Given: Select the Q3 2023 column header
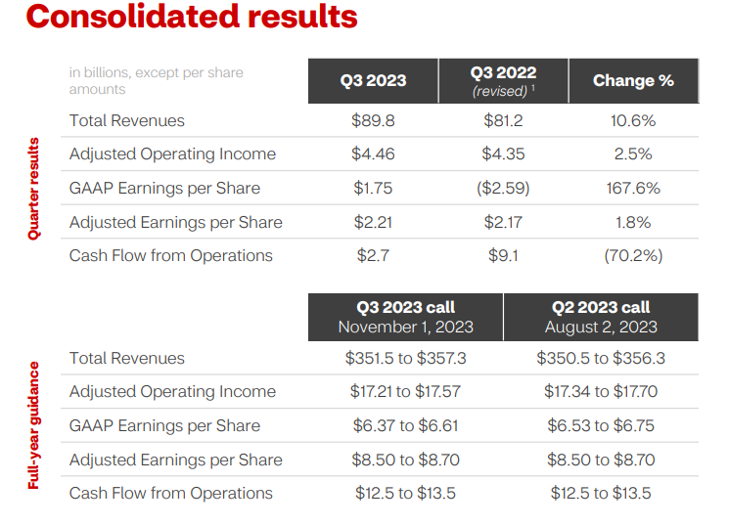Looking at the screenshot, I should [373, 81].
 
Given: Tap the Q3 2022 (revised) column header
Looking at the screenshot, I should [503, 81].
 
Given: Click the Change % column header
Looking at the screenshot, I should [633, 81].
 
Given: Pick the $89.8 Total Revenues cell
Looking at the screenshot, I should [372, 121].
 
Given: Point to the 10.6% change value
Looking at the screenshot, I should [633, 121].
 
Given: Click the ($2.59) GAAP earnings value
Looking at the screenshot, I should [503, 189].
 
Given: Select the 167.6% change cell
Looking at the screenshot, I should [633, 189].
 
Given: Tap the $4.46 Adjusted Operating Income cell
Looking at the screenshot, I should [373, 154].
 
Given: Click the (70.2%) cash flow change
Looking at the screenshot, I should [633, 256].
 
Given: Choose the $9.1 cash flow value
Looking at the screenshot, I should [503, 256].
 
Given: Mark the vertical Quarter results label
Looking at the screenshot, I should [34, 189].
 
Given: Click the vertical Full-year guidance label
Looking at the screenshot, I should [34, 425].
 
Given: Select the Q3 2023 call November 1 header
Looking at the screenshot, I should [405, 317].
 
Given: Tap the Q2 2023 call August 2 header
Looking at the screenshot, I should [601, 317].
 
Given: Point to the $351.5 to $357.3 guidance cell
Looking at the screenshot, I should [405, 358].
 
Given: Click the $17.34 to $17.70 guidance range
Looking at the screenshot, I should [601, 392].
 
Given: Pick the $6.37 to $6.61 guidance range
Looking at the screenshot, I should [405, 426].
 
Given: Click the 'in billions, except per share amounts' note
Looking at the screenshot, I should [157, 81].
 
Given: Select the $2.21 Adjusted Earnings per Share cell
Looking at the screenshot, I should [373, 223].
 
